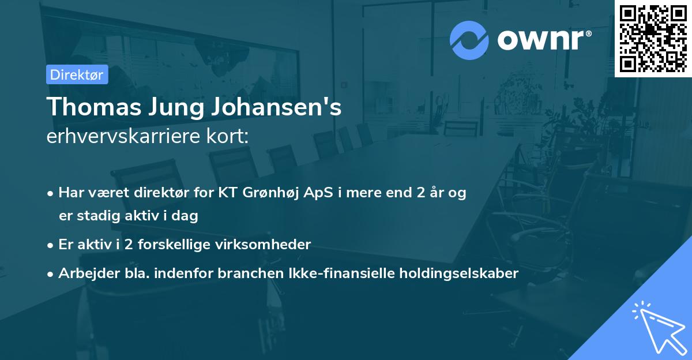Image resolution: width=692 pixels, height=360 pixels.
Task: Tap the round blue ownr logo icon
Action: point(469,39)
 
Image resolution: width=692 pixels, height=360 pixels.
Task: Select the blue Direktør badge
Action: point(77,74)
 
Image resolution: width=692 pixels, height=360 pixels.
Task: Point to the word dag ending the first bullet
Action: point(186,216)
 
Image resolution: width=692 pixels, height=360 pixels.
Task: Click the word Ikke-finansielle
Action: point(337,273)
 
